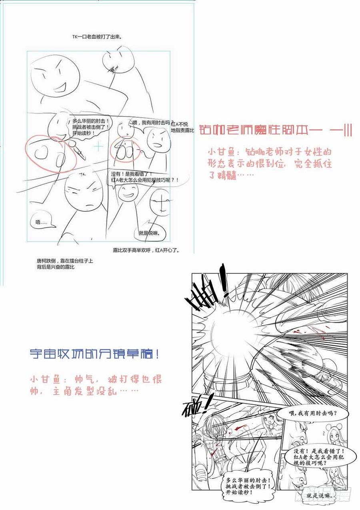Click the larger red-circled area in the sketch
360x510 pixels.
tap(51, 154)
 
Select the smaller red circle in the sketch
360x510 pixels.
tap(125, 150)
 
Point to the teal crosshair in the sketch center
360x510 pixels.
tap(98, 147)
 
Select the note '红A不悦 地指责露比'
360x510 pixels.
tap(182, 127)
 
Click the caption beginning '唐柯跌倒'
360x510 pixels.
tap(64, 264)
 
